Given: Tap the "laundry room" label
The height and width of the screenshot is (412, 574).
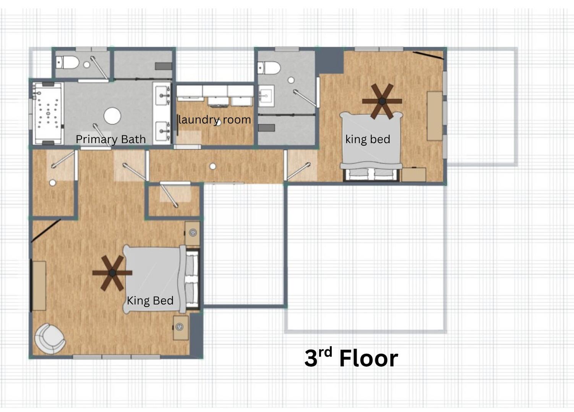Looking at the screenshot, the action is point(214,120).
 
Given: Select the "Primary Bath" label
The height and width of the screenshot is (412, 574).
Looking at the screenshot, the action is point(111,139).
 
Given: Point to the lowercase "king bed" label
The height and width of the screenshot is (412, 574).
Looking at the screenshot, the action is point(368,139).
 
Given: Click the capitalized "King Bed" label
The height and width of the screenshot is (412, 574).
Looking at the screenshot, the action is point(150,301).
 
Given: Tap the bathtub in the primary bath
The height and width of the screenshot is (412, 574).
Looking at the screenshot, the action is point(48,113).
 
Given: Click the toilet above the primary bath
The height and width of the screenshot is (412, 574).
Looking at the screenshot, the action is point(67,63).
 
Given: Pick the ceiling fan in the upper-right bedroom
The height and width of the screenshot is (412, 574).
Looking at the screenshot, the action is point(382,101).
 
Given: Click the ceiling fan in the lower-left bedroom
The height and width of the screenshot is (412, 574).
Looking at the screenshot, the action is point(112,273).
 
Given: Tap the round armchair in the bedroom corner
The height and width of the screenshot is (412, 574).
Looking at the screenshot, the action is point(50,339).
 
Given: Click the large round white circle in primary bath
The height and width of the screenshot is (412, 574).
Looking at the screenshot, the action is point(112,116).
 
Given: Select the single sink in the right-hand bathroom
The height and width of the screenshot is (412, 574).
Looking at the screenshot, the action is point(266,96).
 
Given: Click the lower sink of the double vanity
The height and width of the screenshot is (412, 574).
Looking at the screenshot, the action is point(162,131).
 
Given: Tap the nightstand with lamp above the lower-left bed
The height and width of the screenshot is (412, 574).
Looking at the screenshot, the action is point(192,233).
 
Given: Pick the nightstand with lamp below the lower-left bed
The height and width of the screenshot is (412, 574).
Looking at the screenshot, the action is point(181,328).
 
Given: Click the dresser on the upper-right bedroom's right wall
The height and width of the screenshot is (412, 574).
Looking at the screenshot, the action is point(435,116).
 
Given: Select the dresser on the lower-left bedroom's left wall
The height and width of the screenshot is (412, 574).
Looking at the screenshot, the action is point(39,286).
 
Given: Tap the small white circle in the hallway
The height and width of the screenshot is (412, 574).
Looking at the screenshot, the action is point(213,166).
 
